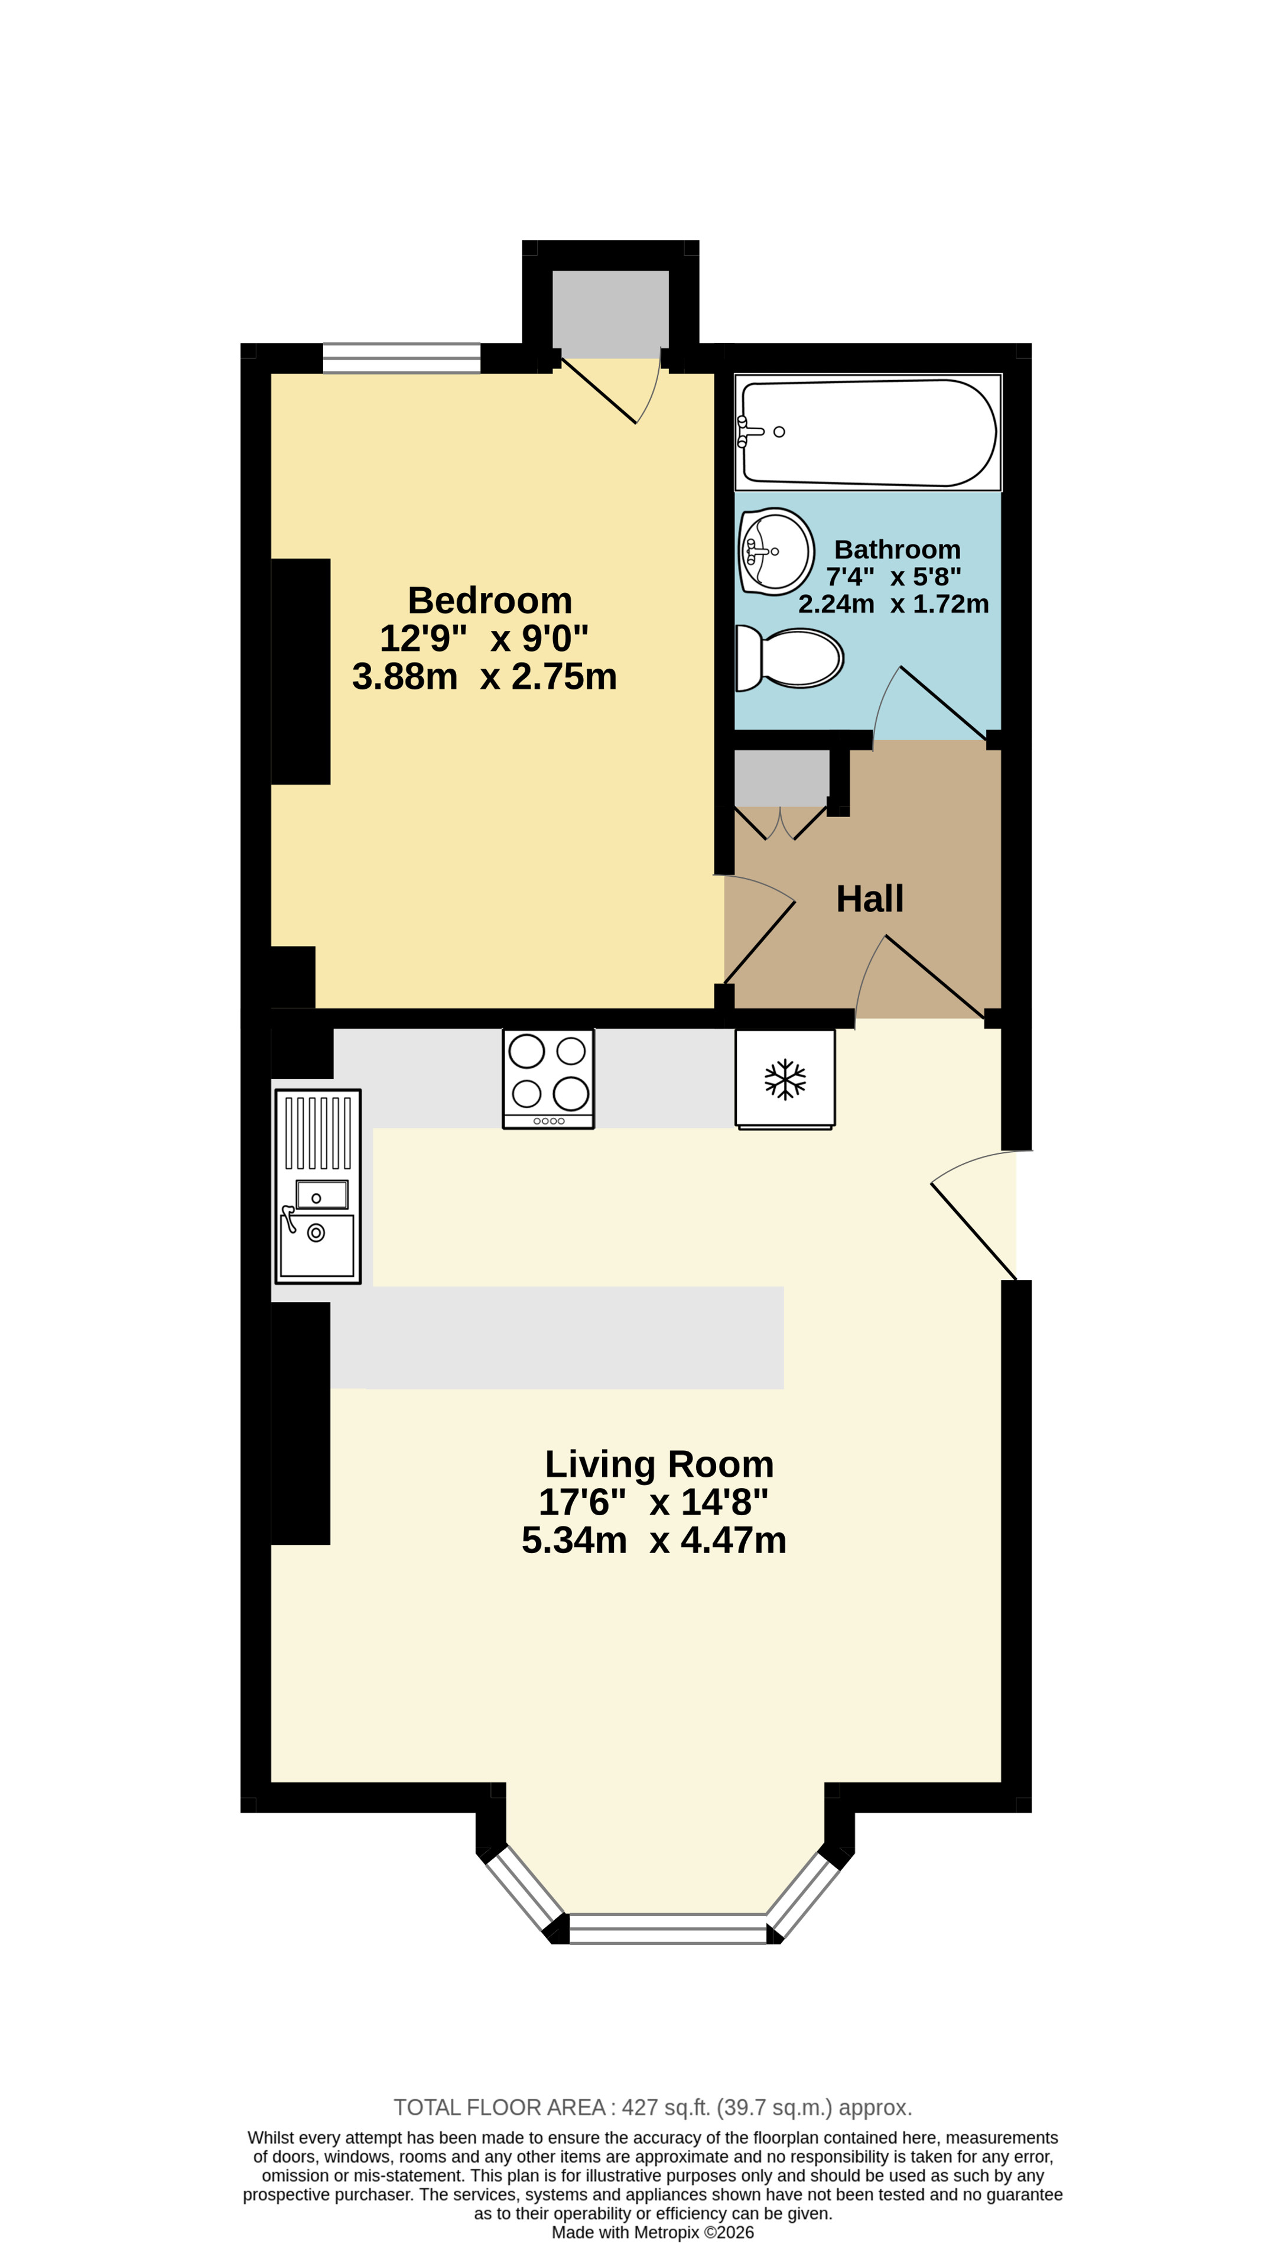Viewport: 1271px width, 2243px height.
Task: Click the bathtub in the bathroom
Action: (x=867, y=432)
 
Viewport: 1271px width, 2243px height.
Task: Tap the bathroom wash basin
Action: (x=776, y=552)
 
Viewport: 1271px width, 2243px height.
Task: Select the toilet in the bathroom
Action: (x=789, y=657)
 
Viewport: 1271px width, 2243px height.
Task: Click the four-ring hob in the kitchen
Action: (x=548, y=1078)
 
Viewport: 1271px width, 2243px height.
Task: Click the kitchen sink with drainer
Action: (x=318, y=1187)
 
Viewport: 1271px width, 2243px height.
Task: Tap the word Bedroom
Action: (x=490, y=601)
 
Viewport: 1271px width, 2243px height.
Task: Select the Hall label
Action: (x=869, y=899)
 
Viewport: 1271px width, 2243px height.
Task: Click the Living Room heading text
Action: (x=659, y=1464)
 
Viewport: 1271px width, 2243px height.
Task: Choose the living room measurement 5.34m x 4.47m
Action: (x=654, y=1540)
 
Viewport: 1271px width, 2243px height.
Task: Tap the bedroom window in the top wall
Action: (x=402, y=358)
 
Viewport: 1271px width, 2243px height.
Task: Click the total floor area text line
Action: (x=653, y=2108)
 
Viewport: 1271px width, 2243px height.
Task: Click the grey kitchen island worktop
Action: (x=557, y=1337)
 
